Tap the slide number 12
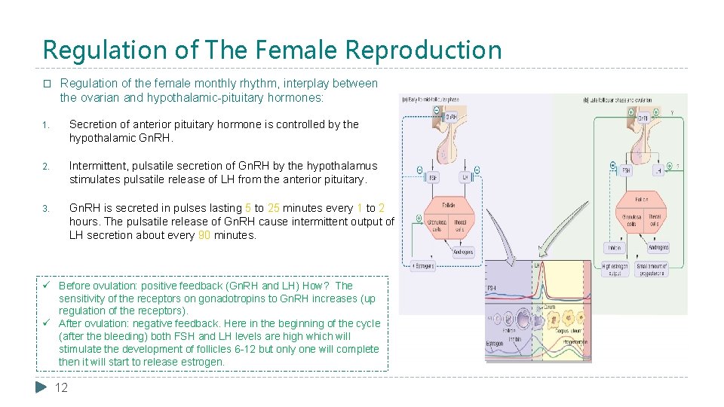[x=62, y=387]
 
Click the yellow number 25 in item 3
[x=275, y=208]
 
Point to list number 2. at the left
[x=46, y=166]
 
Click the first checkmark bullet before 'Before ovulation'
[x=47, y=286]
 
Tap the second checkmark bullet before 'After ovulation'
[x=47, y=324]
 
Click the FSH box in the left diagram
[x=433, y=178]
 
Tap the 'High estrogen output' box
[x=617, y=269]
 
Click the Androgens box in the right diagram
[x=658, y=246]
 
